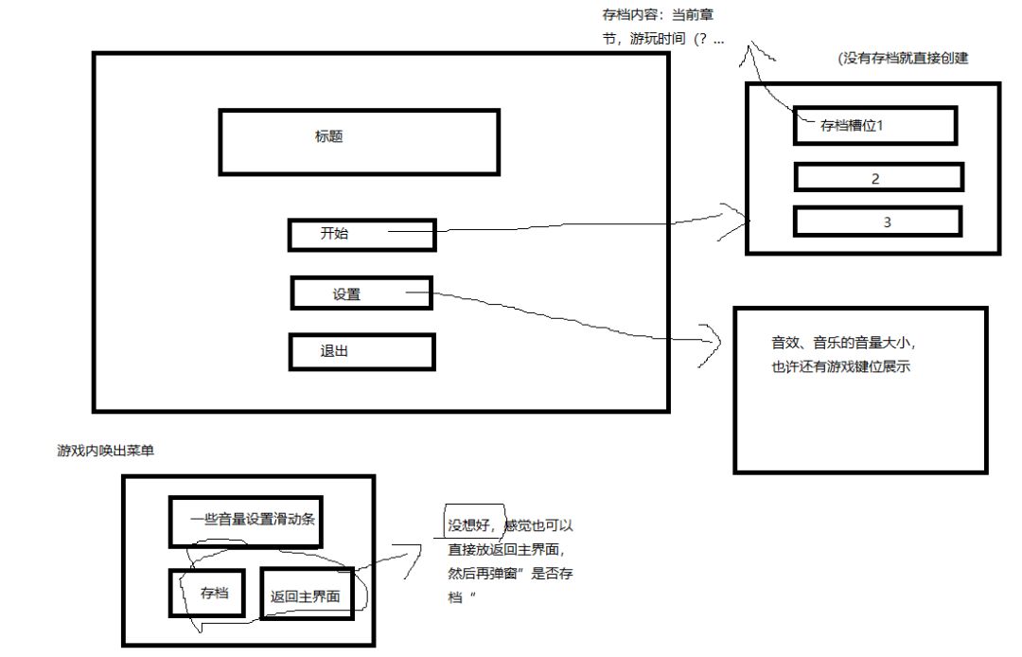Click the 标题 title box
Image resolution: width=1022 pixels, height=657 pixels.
tap(360, 142)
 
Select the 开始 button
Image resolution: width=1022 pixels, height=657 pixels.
tap(361, 236)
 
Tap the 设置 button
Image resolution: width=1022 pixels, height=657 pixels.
tap(361, 293)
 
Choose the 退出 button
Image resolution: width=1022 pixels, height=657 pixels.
tap(361, 352)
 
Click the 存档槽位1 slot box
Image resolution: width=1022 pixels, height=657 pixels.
tap(875, 125)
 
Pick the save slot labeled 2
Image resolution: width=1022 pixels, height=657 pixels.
tap(878, 177)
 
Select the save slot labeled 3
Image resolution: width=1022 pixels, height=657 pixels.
tap(878, 222)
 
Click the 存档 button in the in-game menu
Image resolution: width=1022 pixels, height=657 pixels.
tap(207, 593)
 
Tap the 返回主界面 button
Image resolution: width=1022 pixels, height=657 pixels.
tap(307, 594)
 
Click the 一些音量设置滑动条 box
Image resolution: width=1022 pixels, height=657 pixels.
tap(246, 522)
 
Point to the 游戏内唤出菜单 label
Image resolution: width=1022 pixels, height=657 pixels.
tap(106, 451)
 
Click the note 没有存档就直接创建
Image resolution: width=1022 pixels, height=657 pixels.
tap(904, 58)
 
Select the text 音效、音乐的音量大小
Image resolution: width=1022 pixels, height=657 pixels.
tap(843, 342)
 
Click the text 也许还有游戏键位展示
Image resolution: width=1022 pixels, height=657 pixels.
tap(841, 367)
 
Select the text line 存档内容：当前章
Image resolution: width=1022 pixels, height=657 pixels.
tap(659, 14)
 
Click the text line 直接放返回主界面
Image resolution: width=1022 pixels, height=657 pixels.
tap(506, 549)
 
